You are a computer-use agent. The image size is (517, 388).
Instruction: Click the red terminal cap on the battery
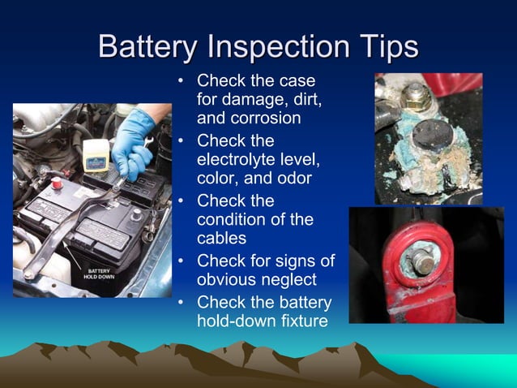click(58, 185)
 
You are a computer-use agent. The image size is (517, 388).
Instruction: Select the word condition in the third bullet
click(233, 220)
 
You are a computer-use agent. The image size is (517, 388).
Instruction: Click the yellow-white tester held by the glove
click(96, 151)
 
